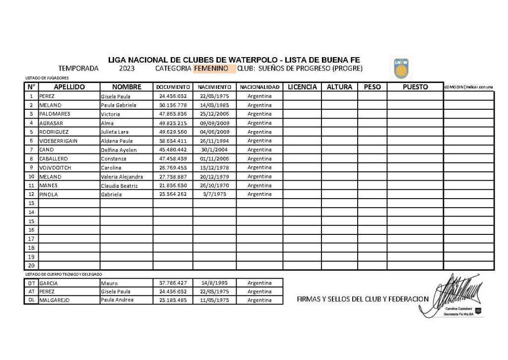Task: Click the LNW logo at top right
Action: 400,69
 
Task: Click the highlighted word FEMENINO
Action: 211,69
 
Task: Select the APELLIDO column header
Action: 69,87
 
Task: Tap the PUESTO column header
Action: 415,87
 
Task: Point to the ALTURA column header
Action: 339,87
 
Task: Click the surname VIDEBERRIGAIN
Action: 59,141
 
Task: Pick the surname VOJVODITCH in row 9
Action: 55,168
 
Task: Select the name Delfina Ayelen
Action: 119,150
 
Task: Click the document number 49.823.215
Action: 173,123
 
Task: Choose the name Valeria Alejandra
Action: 122,177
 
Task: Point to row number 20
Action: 31,266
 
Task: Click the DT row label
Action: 31,283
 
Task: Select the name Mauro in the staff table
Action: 109,283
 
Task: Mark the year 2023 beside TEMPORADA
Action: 127,69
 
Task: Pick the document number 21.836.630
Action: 173,186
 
